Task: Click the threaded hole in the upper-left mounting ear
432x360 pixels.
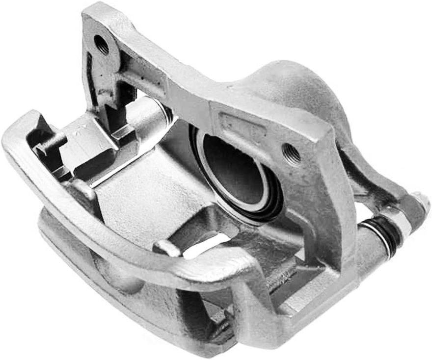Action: point(102,45)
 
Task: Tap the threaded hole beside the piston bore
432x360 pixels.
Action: point(292,154)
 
